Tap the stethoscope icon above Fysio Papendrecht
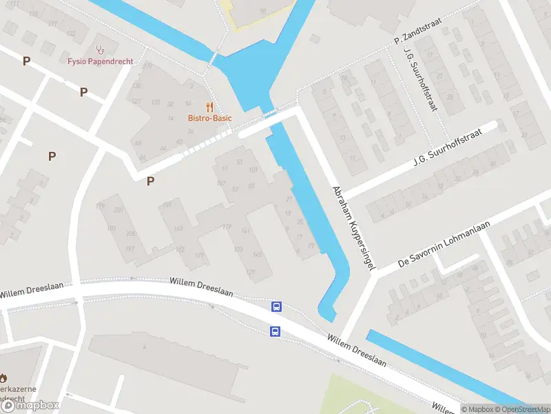[x=101, y=49]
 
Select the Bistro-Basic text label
[x=209, y=118]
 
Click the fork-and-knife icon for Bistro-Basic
[x=210, y=107]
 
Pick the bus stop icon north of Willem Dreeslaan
[x=277, y=307]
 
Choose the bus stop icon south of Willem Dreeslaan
[x=275, y=331]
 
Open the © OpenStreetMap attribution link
[x=520, y=409]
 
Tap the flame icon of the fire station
[x=3, y=377]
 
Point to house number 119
[x=227, y=226]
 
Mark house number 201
[x=118, y=210]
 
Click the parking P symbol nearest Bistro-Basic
[x=150, y=181]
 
